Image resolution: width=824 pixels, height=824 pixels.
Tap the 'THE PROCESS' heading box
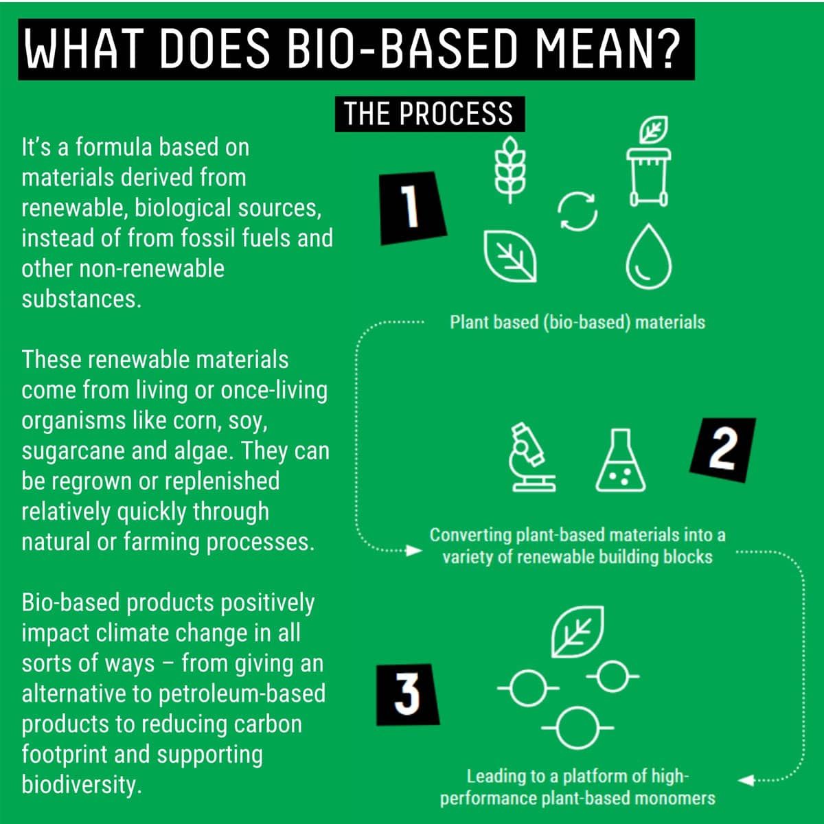pos(429,114)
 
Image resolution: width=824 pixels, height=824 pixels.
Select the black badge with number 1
pos(413,208)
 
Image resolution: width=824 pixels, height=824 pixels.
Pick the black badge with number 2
pos(722,450)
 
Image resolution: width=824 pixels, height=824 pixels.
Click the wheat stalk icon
pos(510,170)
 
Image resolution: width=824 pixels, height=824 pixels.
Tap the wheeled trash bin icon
pos(649,177)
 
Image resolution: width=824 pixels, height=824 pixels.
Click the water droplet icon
pos(649,257)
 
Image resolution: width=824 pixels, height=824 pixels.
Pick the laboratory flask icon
pos(621,460)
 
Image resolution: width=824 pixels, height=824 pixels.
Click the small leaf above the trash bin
pos(653,130)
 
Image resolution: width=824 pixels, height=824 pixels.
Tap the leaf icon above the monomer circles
pos(577,632)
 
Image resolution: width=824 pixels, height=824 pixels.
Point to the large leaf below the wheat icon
pos(510,256)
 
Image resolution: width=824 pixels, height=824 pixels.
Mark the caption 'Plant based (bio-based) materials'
pos(577,323)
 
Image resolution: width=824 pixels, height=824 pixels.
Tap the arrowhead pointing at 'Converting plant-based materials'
pos(413,550)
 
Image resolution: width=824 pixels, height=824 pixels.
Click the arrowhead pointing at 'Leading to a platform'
pos(746,780)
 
